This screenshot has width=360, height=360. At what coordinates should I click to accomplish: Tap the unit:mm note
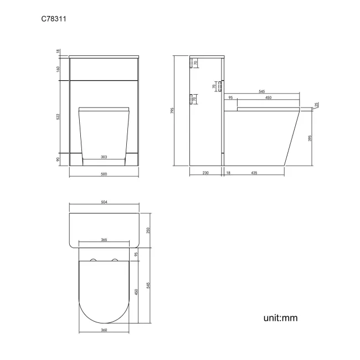(281, 318)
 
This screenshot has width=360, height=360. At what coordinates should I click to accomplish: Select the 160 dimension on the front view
(58, 69)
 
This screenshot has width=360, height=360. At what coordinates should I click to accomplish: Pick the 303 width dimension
(104, 157)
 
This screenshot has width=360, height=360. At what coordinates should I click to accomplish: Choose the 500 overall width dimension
(104, 174)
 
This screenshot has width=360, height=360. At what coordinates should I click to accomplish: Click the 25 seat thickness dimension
(317, 105)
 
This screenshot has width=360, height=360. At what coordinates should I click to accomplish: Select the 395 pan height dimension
(310, 137)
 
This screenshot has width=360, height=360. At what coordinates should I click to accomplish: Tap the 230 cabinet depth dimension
(205, 173)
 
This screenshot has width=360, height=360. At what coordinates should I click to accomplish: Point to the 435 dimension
(254, 173)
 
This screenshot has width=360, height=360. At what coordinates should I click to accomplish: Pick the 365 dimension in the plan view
(104, 240)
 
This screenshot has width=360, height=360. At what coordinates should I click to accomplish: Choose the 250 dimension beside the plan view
(148, 230)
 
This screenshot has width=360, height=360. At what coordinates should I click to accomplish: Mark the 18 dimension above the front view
(58, 52)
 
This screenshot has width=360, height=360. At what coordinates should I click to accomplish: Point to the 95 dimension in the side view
(230, 98)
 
